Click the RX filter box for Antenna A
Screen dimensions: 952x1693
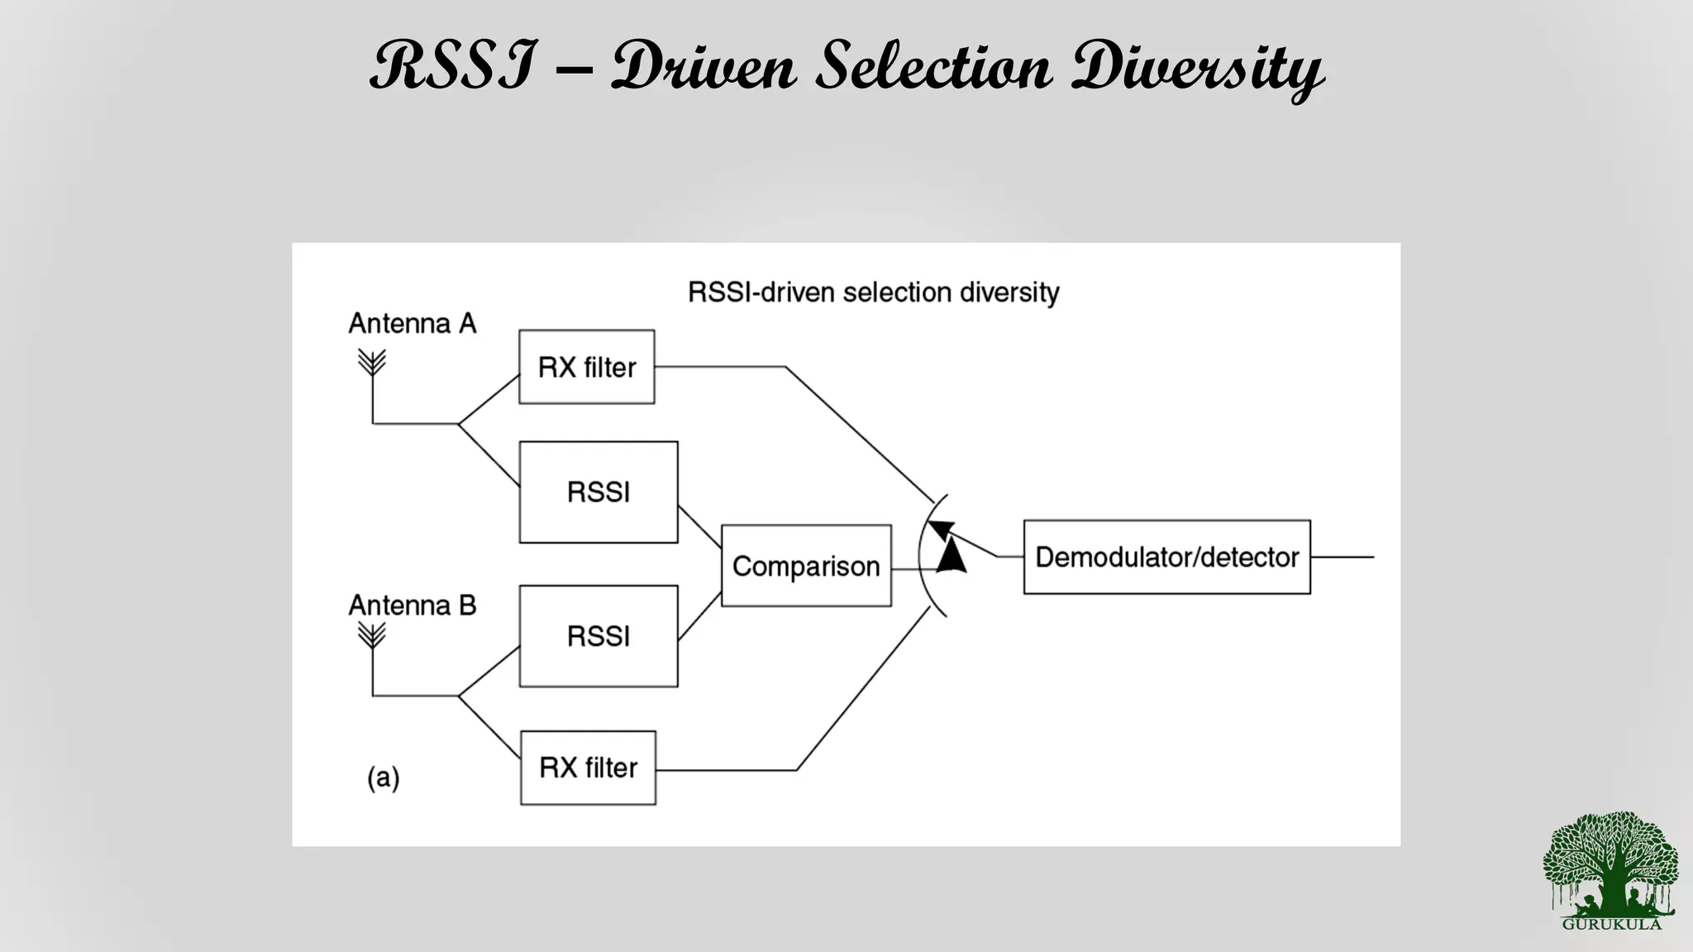(586, 367)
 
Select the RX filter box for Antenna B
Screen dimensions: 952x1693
(588, 768)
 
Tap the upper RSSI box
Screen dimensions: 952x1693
(599, 493)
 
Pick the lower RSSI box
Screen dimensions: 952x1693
(599, 636)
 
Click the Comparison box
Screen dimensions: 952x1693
(806, 566)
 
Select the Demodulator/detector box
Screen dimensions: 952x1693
(1166, 557)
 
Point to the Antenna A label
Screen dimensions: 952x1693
(413, 323)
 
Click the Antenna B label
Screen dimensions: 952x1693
(413, 606)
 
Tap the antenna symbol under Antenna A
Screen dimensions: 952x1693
(372, 364)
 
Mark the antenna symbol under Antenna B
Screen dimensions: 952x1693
(372, 635)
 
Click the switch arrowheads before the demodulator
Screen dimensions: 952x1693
(947, 547)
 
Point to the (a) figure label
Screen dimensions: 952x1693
(384, 778)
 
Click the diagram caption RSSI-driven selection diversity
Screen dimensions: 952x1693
(873, 293)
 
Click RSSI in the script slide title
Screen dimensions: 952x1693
(453, 66)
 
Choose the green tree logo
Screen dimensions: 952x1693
(1610, 864)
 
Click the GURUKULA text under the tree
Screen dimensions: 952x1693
(1611, 924)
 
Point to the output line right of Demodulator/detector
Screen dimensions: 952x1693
(1342, 557)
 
